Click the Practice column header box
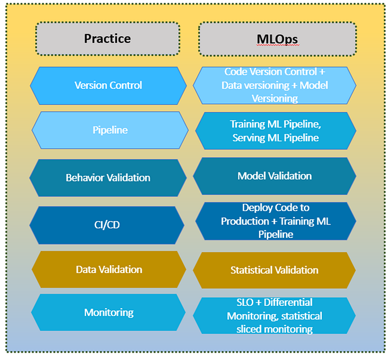(108, 39)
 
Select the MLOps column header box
(278, 39)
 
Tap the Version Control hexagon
(108, 85)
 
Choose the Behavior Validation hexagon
(108, 178)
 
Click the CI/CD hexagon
(108, 225)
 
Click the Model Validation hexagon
(274, 176)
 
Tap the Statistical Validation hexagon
(274, 270)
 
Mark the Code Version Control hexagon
(274, 85)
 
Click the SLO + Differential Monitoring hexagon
(274, 316)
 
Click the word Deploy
(256, 208)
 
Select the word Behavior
(85, 178)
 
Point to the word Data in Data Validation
(86, 270)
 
